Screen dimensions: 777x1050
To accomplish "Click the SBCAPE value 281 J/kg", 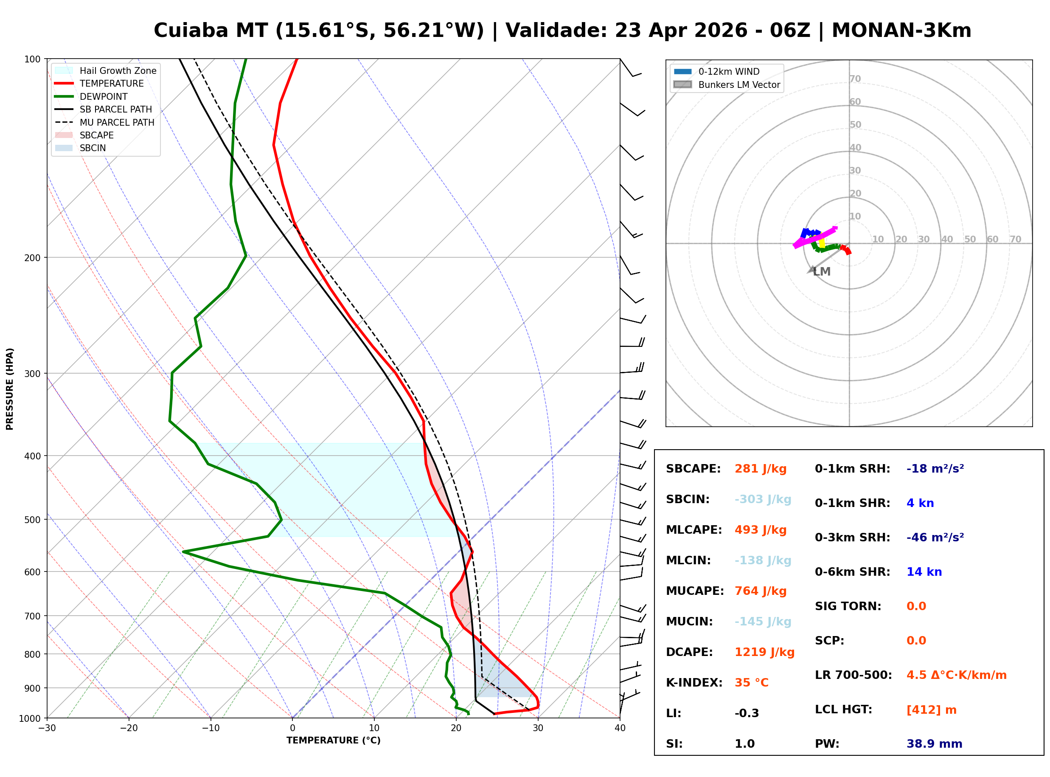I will pyautogui.click(x=760, y=469).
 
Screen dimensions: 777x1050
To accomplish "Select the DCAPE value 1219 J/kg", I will pyautogui.click(x=764, y=652).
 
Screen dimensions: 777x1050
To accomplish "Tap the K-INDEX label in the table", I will pyautogui.click(x=694, y=683).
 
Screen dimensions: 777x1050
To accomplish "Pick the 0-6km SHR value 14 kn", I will pyautogui.click(x=924, y=572).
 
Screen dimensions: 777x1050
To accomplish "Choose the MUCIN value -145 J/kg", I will pyautogui.click(x=762, y=622).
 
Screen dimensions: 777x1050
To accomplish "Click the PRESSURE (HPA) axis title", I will pyautogui.click(x=10, y=389).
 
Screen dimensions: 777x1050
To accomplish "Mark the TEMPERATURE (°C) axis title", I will pyautogui.click(x=333, y=741).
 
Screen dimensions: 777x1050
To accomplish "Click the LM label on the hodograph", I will pyautogui.click(x=822, y=272).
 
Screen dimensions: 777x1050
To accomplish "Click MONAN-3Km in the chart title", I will pyautogui.click(x=901, y=31).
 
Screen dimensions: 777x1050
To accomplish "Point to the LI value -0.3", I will pyautogui.click(x=747, y=713).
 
